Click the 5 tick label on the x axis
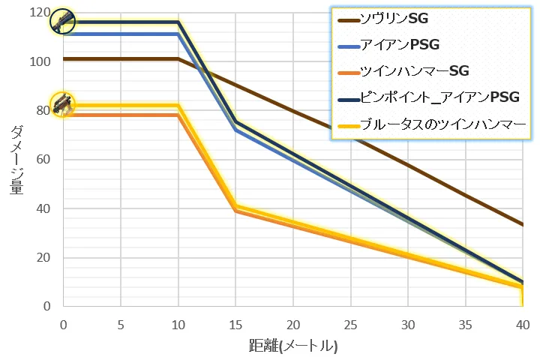pyautogui.click(x=121, y=325)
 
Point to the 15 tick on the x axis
pyautogui.click(x=235, y=325)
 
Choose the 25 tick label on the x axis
pyautogui.click(x=350, y=325)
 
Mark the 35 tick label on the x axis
pyautogui.click(x=465, y=325)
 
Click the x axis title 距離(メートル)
pyautogui.click(x=293, y=346)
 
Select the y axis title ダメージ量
pyautogui.click(x=16, y=160)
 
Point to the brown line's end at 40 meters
pyautogui.click(x=523, y=224)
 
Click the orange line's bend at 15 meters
pyautogui.click(x=235, y=211)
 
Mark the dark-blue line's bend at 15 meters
pyautogui.click(x=235, y=121)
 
